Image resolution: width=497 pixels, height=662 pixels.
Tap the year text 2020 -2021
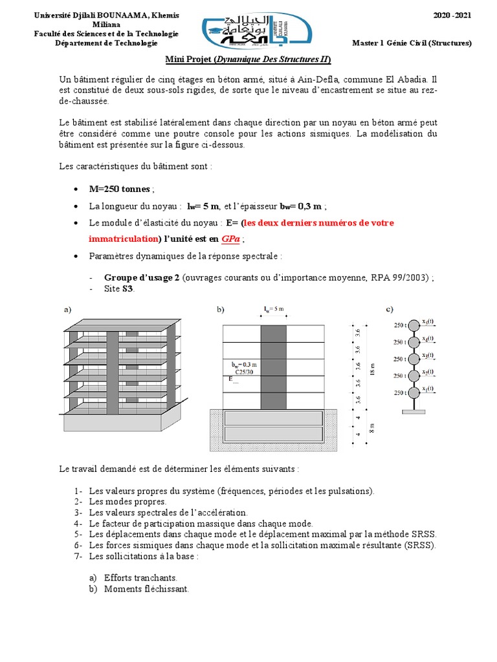point(452,14)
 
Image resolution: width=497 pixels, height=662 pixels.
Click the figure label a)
point(67,310)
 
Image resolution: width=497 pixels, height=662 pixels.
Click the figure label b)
point(221,310)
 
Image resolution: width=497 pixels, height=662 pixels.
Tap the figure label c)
point(390,310)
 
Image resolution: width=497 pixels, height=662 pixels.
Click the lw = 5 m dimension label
point(274,310)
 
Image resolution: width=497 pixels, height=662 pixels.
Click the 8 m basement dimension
point(372,427)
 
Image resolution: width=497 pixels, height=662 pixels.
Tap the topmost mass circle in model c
point(413,325)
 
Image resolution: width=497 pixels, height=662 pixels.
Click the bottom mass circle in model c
point(413,392)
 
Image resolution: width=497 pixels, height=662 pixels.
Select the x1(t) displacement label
point(428,389)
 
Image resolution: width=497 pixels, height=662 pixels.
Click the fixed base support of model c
point(413,412)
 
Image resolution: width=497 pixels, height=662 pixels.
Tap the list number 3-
point(78,512)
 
